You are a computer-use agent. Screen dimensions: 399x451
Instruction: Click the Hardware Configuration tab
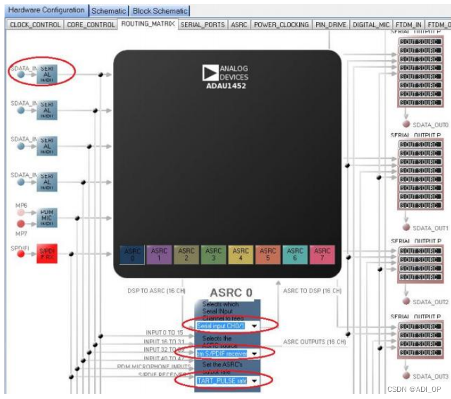[45, 10]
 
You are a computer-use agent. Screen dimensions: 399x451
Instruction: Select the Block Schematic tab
[160, 11]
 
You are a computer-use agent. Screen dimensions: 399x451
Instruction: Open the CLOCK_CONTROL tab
[35, 25]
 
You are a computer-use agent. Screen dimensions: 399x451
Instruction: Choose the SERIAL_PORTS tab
[202, 25]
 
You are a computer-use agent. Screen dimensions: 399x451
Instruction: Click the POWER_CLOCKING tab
[281, 25]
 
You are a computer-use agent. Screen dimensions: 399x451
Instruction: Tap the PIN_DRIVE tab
[331, 25]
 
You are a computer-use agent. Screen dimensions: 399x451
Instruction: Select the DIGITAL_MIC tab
[371, 25]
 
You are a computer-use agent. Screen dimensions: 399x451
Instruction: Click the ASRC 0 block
[132, 255]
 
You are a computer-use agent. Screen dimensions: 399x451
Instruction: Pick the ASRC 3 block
[213, 255]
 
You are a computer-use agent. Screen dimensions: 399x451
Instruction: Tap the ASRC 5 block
[268, 255]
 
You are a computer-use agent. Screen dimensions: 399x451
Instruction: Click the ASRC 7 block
[323, 255]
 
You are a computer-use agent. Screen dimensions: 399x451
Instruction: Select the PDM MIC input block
[47, 218]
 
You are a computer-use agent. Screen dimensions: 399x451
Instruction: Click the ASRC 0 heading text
[231, 293]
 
